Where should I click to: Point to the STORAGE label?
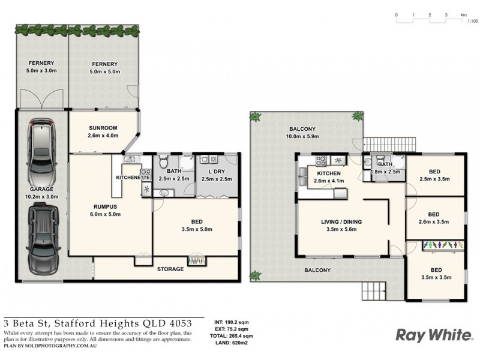(170, 269)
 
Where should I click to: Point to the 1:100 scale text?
(472, 21)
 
